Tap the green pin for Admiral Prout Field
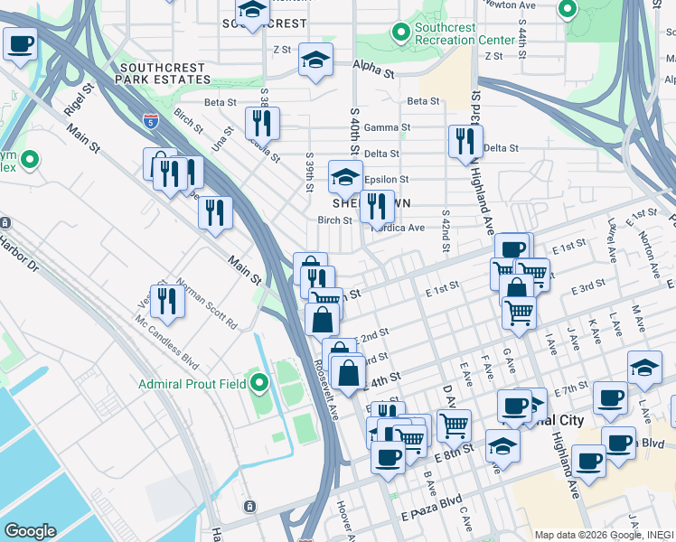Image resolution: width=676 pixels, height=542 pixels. pyautogui.click(x=259, y=385)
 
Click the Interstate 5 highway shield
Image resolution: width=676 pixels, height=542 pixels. pyautogui.click(x=148, y=119)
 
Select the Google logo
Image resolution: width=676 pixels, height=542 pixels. pyautogui.click(x=30, y=531)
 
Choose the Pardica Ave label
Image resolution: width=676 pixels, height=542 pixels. pyautogui.click(x=402, y=228)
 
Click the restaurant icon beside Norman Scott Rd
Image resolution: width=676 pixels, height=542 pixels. pyautogui.click(x=166, y=301)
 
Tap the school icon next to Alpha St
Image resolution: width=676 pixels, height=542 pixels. pyautogui.click(x=315, y=61)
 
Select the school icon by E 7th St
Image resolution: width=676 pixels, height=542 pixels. pyautogui.click(x=643, y=368)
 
